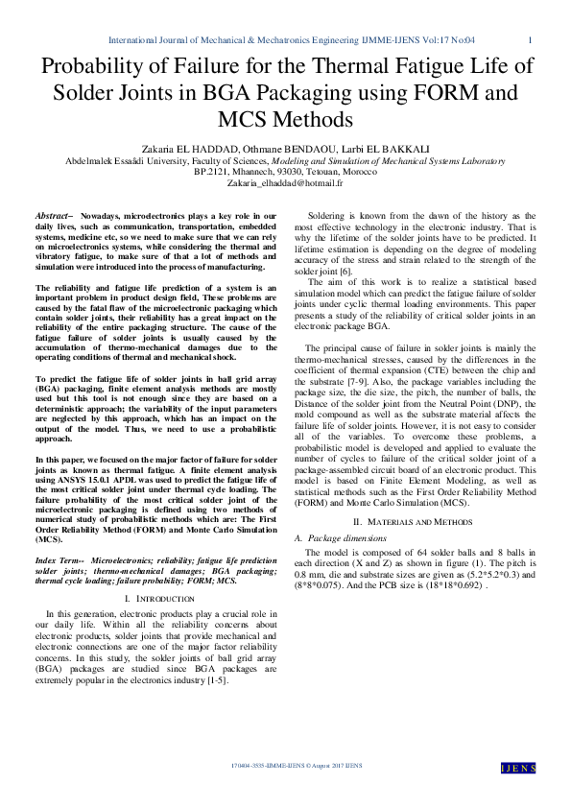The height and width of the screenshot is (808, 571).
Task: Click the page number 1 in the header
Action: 531,40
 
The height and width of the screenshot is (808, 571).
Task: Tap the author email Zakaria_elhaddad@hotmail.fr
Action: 285,181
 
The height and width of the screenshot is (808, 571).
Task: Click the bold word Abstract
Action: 53,217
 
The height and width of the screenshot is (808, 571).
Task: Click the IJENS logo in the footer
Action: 519,768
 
